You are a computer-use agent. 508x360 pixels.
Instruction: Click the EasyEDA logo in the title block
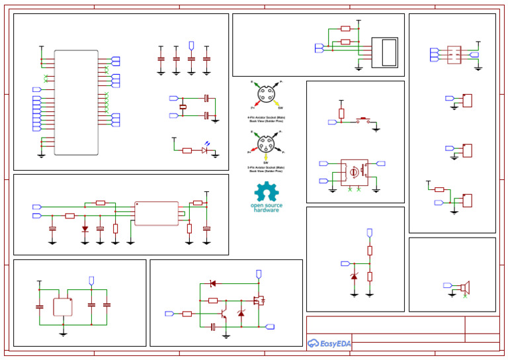pyautogui.click(x=329, y=343)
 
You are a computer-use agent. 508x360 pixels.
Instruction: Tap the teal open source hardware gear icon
pyautogui.click(x=267, y=192)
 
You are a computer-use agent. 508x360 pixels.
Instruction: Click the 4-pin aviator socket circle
pyautogui.click(x=267, y=95)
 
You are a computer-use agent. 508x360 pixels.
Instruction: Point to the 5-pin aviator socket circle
pyautogui.click(x=265, y=144)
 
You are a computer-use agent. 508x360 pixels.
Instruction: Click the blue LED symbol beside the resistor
pyautogui.click(x=205, y=150)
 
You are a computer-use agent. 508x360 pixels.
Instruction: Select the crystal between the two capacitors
pyautogui.click(x=183, y=107)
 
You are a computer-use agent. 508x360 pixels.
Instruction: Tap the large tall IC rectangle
pyautogui.click(x=76, y=103)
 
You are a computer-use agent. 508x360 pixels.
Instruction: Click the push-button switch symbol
pyautogui.click(x=363, y=121)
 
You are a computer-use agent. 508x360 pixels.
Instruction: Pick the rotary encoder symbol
pyautogui.click(x=354, y=172)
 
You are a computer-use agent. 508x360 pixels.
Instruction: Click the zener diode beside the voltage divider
pyautogui.click(x=354, y=276)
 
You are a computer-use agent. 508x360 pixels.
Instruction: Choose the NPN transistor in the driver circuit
pyautogui.click(x=225, y=306)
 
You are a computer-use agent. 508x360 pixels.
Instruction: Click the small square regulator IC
pyautogui.click(x=63, y=307)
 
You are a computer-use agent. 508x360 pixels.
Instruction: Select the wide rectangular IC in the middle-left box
pyautogui.click(x=157, y=213)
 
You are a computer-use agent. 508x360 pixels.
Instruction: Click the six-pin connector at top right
pyautogui.click(x=454, y=54)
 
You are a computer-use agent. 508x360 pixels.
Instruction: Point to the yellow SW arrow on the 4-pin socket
pyautogui.click(x=278, y=104)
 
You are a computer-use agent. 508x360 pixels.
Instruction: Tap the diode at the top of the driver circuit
pyautogui.click(x=212, y=283)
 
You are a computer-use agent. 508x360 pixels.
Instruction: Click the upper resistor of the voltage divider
pyautogui.click(x=370, y=250)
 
